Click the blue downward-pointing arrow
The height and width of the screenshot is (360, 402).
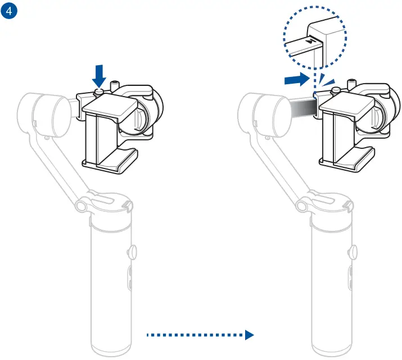(100, 74)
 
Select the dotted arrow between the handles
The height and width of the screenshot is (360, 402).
(196, 335)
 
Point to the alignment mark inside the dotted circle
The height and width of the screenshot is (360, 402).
(311, 41)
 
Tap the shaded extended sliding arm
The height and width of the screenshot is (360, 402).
(301, 108)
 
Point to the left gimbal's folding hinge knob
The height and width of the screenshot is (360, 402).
(81, 206)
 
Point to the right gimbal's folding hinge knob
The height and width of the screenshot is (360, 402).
(301, 206)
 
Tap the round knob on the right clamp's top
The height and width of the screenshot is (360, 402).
(336, 90)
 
